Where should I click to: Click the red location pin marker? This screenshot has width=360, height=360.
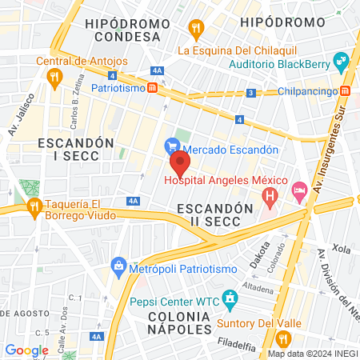tap(180, 163)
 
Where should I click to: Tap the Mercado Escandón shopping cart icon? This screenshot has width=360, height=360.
tap(170, 146)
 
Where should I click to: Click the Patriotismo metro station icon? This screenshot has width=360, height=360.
tap(152, 88)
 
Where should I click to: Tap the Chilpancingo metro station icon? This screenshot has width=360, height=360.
tap(345, 90)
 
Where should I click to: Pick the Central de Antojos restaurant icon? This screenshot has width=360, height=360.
tap(54, 77)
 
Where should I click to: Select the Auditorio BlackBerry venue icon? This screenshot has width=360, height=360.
tap(341, 61)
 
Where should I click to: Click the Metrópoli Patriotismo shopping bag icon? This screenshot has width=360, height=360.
tap(118, 265)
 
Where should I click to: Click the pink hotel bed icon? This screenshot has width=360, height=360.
tap(300, 190)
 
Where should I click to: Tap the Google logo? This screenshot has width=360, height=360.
tap(26, 350)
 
